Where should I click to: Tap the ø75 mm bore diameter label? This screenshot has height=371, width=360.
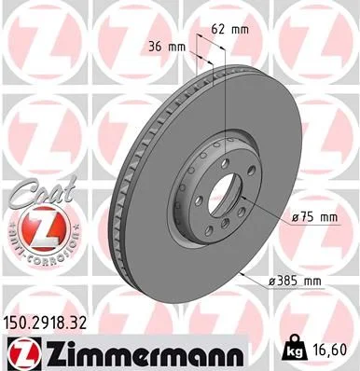314,217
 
